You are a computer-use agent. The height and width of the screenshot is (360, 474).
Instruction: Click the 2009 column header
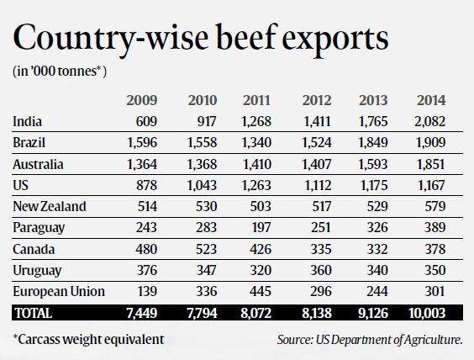[x=142, y=100]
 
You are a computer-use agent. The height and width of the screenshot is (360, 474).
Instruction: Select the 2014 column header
[x=431, y=100]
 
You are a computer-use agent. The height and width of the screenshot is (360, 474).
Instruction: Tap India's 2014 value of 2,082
[x=429, y=122]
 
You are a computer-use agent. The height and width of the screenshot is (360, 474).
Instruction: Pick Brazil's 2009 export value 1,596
[x=142, y=142]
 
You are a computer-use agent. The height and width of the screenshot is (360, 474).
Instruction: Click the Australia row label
[x=38, y=164]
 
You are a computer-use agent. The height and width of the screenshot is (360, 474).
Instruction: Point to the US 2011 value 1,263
[x=256, y=185]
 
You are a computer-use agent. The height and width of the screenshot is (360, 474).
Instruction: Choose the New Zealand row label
[x=50, y=206]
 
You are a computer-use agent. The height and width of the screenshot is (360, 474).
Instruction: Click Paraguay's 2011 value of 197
[x=261, y=227]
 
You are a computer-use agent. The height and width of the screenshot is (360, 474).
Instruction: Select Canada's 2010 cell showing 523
[x=207, y=249]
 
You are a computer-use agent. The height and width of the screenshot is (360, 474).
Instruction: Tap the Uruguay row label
[x=37, y=271]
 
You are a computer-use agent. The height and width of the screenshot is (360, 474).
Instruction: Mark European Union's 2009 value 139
[x=148, y=291]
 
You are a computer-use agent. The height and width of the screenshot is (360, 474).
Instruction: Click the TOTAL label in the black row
[x=34, y=313]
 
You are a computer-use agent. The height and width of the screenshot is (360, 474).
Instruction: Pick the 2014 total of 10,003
[x=427, y=313]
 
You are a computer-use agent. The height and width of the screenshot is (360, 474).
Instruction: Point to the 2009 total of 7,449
[x=142, y=313]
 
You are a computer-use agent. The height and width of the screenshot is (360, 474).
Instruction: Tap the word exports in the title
[x=335, y=40]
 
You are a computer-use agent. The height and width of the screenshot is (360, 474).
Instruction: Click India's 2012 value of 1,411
[x=317, y=122]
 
